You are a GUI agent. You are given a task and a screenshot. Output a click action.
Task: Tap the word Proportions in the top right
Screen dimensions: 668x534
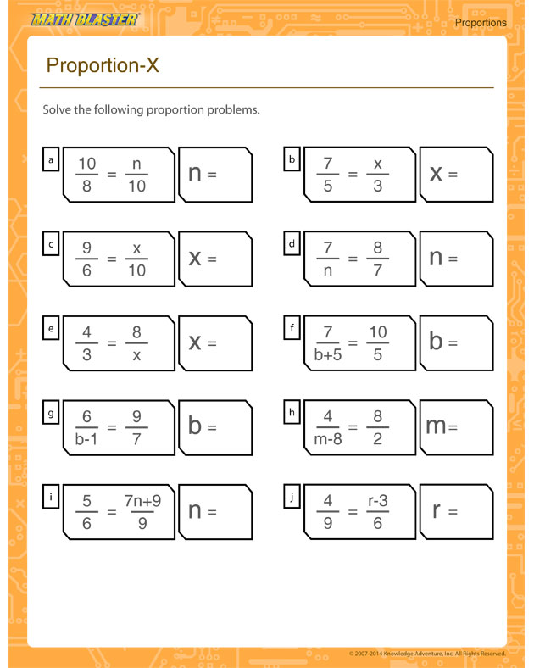pos(480,23)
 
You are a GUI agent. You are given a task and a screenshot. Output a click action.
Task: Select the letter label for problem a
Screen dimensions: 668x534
pos(51,159)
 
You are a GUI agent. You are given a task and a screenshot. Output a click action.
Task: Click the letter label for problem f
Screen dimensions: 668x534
pos(292,326)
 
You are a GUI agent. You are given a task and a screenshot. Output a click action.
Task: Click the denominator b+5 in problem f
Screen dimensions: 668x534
pos(328,355)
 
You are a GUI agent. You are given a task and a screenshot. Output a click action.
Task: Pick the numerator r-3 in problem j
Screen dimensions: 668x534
pos(377,500)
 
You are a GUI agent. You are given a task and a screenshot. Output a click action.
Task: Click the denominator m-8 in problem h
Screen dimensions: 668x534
pos(328,439)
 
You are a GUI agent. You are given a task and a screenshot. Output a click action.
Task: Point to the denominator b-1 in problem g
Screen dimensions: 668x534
pos(86,439)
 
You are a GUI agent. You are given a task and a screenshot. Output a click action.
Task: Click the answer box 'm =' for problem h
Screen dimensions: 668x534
pos(456,427)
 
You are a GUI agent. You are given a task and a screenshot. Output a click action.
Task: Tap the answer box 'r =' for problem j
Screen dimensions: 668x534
pos(456,512)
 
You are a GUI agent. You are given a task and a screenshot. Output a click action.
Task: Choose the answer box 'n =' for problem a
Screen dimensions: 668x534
pos(215,175)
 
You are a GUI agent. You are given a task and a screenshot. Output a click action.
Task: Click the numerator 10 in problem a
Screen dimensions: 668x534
pos(86,163)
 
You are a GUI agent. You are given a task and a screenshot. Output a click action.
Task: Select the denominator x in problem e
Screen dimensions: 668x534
pos(136,355)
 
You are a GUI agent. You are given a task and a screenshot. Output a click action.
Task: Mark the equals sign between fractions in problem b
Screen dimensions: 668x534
pos(353,175)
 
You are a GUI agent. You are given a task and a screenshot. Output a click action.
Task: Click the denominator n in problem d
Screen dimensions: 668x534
pos(328,270)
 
